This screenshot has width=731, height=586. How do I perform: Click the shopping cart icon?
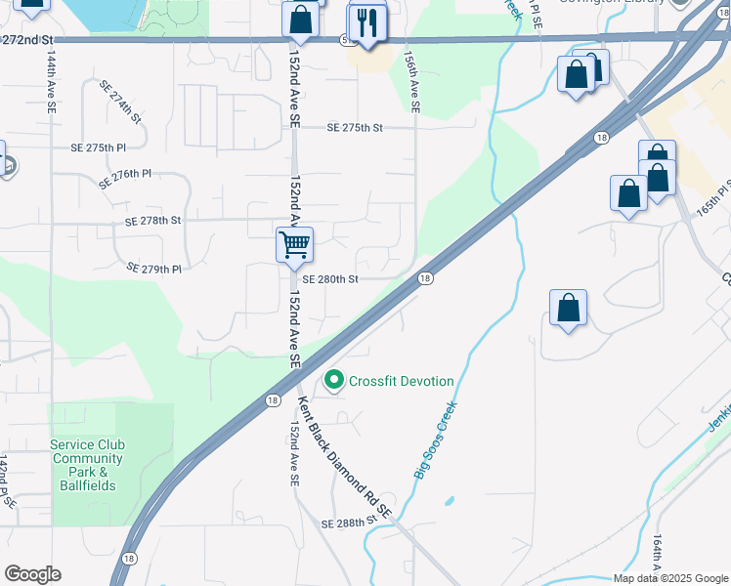tap(294, 244)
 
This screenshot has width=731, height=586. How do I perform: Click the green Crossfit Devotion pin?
tap(334, 380)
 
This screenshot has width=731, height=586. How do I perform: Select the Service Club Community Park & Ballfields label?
tap(88, 465)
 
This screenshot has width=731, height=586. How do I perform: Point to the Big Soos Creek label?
tap(435, 442)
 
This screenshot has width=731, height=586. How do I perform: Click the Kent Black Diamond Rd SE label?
tap(345, 457)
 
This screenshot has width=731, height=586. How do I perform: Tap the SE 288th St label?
tap(349, 523)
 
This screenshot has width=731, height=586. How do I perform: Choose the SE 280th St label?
tap(330, 278)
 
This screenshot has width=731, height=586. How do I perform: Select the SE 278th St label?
tap(153, 221)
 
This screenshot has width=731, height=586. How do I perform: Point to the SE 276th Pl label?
tap(125, 178)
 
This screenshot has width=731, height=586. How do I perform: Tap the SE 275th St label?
tap(355, 128)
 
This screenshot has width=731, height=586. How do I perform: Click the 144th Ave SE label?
tap(50, 84)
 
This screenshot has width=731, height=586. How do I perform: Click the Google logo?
tap(32, 574)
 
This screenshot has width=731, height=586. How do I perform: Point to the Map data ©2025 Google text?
tap(670, 578)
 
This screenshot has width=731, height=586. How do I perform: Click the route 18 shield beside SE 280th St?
tap(425, 278)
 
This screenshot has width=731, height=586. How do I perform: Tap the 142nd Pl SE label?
tap(7, 481)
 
